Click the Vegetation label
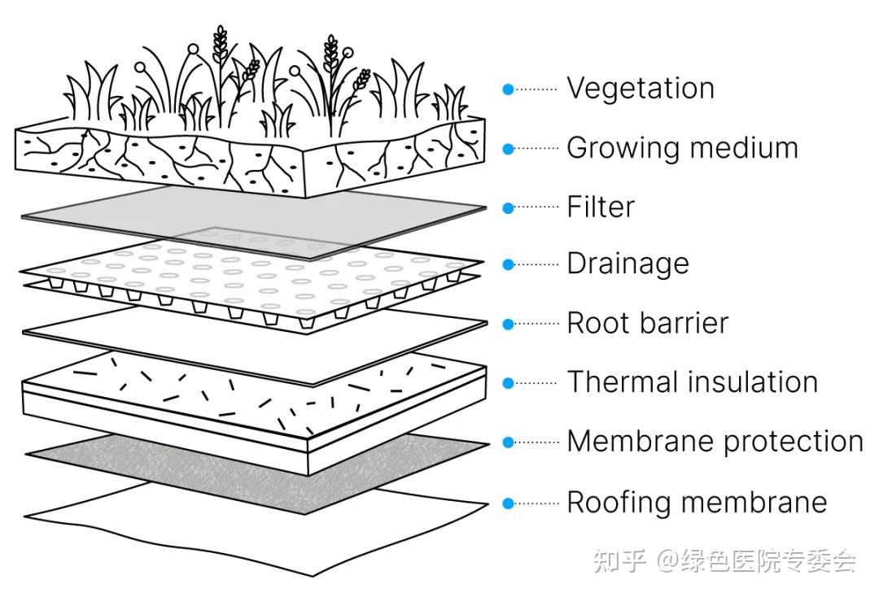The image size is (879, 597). (641, 89)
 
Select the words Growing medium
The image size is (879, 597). (682, 148)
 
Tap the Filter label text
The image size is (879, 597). (601, 207)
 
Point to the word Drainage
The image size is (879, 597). (628, 264)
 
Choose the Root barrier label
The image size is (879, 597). (648, 323)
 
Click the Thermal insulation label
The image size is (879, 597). (693, 382)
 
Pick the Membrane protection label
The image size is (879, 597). (715, 442)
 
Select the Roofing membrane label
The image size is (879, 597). (697, 502)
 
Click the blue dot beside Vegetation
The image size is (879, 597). (508, 89)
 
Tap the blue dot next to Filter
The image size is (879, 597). (508, 207)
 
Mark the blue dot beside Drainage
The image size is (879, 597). (508, 264)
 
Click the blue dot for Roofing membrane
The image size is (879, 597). (508, 503)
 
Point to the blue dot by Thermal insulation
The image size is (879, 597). (508, 384)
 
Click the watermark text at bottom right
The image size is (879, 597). (725, 560)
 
